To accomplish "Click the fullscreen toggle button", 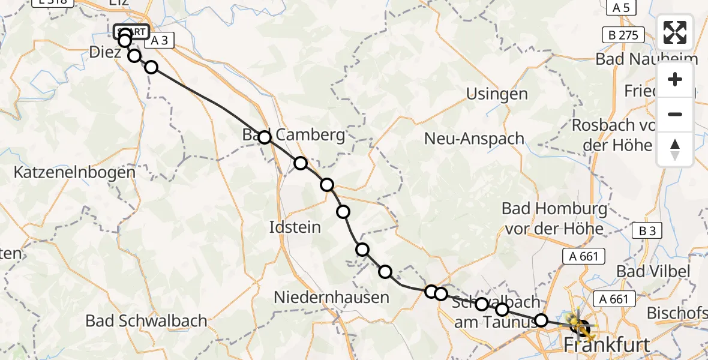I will coord(675,32).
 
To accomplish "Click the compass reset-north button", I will coord(675,149).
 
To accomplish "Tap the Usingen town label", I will coord(497,94).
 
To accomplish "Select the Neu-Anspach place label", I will coord(474,139).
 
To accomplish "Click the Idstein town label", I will coord(295,227).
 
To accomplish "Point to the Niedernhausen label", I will coord(331,297).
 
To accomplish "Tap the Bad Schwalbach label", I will coord(146,320).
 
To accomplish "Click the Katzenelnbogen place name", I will coord(75,172).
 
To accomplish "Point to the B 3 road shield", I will coord(646,231).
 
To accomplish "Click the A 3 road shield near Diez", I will coord(158,40).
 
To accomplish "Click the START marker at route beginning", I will coord(131,31).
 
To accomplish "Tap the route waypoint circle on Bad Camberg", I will coord(265,137).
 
